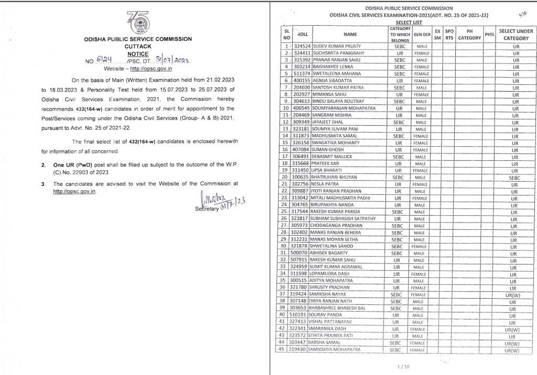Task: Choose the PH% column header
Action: [x=489, y=35]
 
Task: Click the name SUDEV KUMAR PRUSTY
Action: [x=337, y=46]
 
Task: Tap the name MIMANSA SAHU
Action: [x=331, y=94]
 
